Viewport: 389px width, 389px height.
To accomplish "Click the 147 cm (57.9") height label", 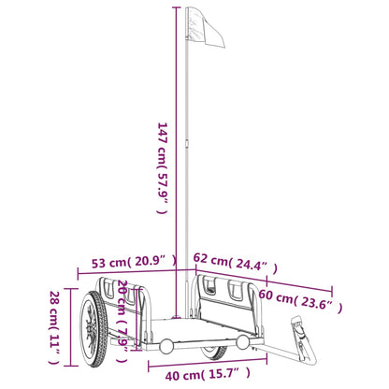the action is point(162,168).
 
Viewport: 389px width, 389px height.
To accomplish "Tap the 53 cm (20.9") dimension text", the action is point(134,262).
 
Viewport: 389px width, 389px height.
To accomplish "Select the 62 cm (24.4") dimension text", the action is point(236,263).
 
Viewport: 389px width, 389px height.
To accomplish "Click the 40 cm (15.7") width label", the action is point(208,374).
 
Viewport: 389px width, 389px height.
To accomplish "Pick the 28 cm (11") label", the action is point(54,327).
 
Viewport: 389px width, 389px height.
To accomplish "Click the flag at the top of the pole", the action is point(206,27).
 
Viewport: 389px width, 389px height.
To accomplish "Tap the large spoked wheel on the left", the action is point(94,329).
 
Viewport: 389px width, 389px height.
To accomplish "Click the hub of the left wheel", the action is point(91,329).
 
